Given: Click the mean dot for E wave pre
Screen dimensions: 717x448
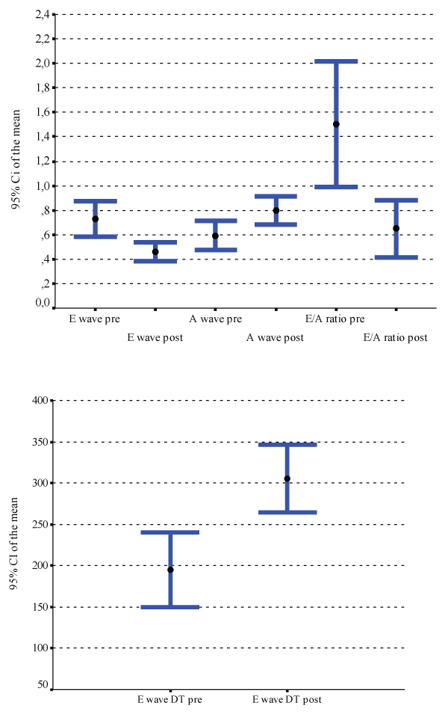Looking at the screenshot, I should [x=95, y=219].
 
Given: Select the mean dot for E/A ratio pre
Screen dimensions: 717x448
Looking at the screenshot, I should [x=336, y=124].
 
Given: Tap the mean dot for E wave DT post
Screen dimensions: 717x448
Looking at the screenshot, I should [x=287, y=478].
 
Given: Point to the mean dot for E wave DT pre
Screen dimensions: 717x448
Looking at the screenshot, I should [x=170, y=570].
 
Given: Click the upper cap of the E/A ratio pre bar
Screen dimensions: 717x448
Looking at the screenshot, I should [x=336, y=61].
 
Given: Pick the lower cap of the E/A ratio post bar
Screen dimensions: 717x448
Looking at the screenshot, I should [x=396, y=257].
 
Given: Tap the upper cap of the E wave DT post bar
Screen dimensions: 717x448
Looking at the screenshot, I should [x=287, y=445].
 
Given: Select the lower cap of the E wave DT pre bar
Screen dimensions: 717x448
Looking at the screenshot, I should [x=170, y=607].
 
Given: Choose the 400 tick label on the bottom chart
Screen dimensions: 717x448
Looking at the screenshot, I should [x=40, y=401].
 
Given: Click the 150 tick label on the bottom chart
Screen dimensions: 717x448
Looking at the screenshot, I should [x=40, y=607].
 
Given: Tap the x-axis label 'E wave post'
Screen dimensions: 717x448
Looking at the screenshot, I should [x=155, y=338].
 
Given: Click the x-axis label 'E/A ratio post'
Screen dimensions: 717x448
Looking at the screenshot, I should [x=395, y=338].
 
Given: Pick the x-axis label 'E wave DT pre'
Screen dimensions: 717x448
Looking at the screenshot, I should [x=169, y=700].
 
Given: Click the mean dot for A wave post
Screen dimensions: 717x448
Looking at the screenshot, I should [x=276, y=211].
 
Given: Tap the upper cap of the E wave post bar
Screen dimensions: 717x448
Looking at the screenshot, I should [x=155, y=242].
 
